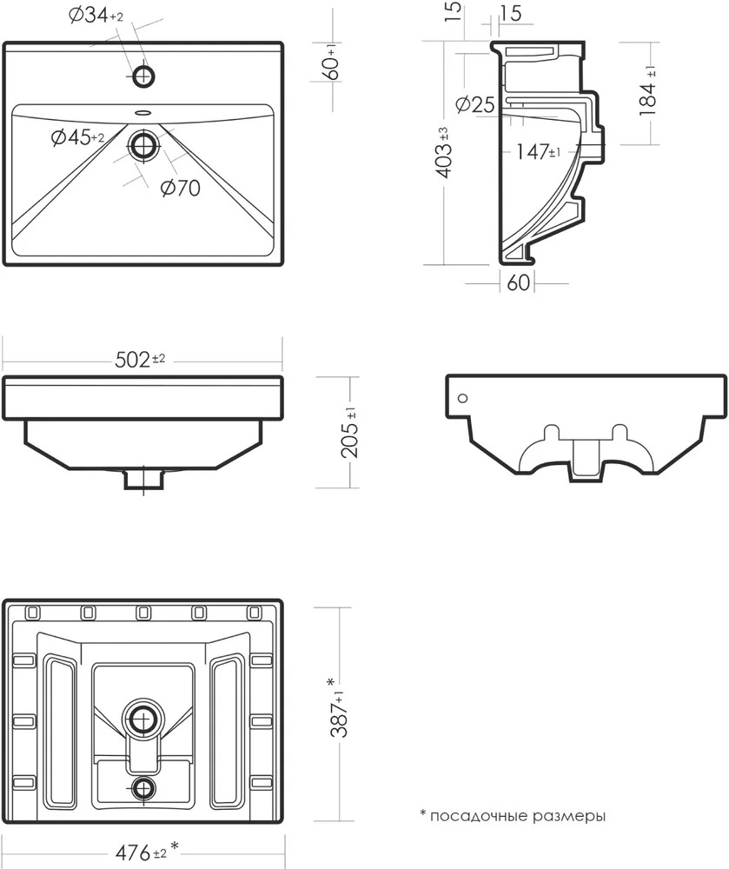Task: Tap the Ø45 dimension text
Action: click(x=77, y=136)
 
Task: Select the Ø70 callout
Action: click(x=181, y=188)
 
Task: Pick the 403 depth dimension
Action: click(x=443, y=152)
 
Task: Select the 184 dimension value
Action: click(x=647, y=90)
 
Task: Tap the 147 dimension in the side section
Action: click(x=538, y=151)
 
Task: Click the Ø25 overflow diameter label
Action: click(x=474, y=103)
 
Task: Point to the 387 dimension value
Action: click(x=339, y=707)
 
